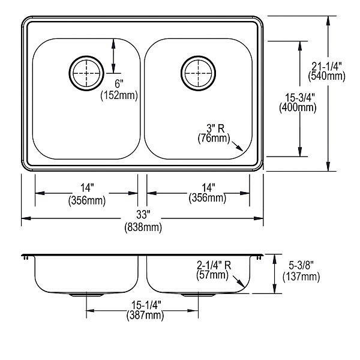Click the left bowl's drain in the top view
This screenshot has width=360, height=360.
coord(86,73)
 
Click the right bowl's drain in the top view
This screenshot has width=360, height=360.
coord(198,73)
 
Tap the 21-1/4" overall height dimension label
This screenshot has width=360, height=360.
coord(326,67)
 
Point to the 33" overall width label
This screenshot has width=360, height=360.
coord(143,215)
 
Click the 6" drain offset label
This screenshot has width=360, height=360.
coord(119,84)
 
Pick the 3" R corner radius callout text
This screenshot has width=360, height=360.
coord(215,128)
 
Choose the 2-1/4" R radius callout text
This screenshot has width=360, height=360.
coord(214,266)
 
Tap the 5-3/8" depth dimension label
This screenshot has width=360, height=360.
coord(301,266)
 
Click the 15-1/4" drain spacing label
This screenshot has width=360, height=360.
coord(146,305)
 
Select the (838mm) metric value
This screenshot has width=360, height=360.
coord(143,227)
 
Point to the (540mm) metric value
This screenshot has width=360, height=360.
coord(326,76)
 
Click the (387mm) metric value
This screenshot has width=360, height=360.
coord(145,315)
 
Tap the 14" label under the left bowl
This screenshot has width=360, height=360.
coord(87,188)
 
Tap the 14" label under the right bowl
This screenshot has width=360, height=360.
coord(208,187)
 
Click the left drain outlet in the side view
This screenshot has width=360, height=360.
coord(86,295)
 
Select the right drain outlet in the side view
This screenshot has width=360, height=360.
coord(198,295)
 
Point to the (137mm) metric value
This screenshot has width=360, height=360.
coord(301,277)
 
